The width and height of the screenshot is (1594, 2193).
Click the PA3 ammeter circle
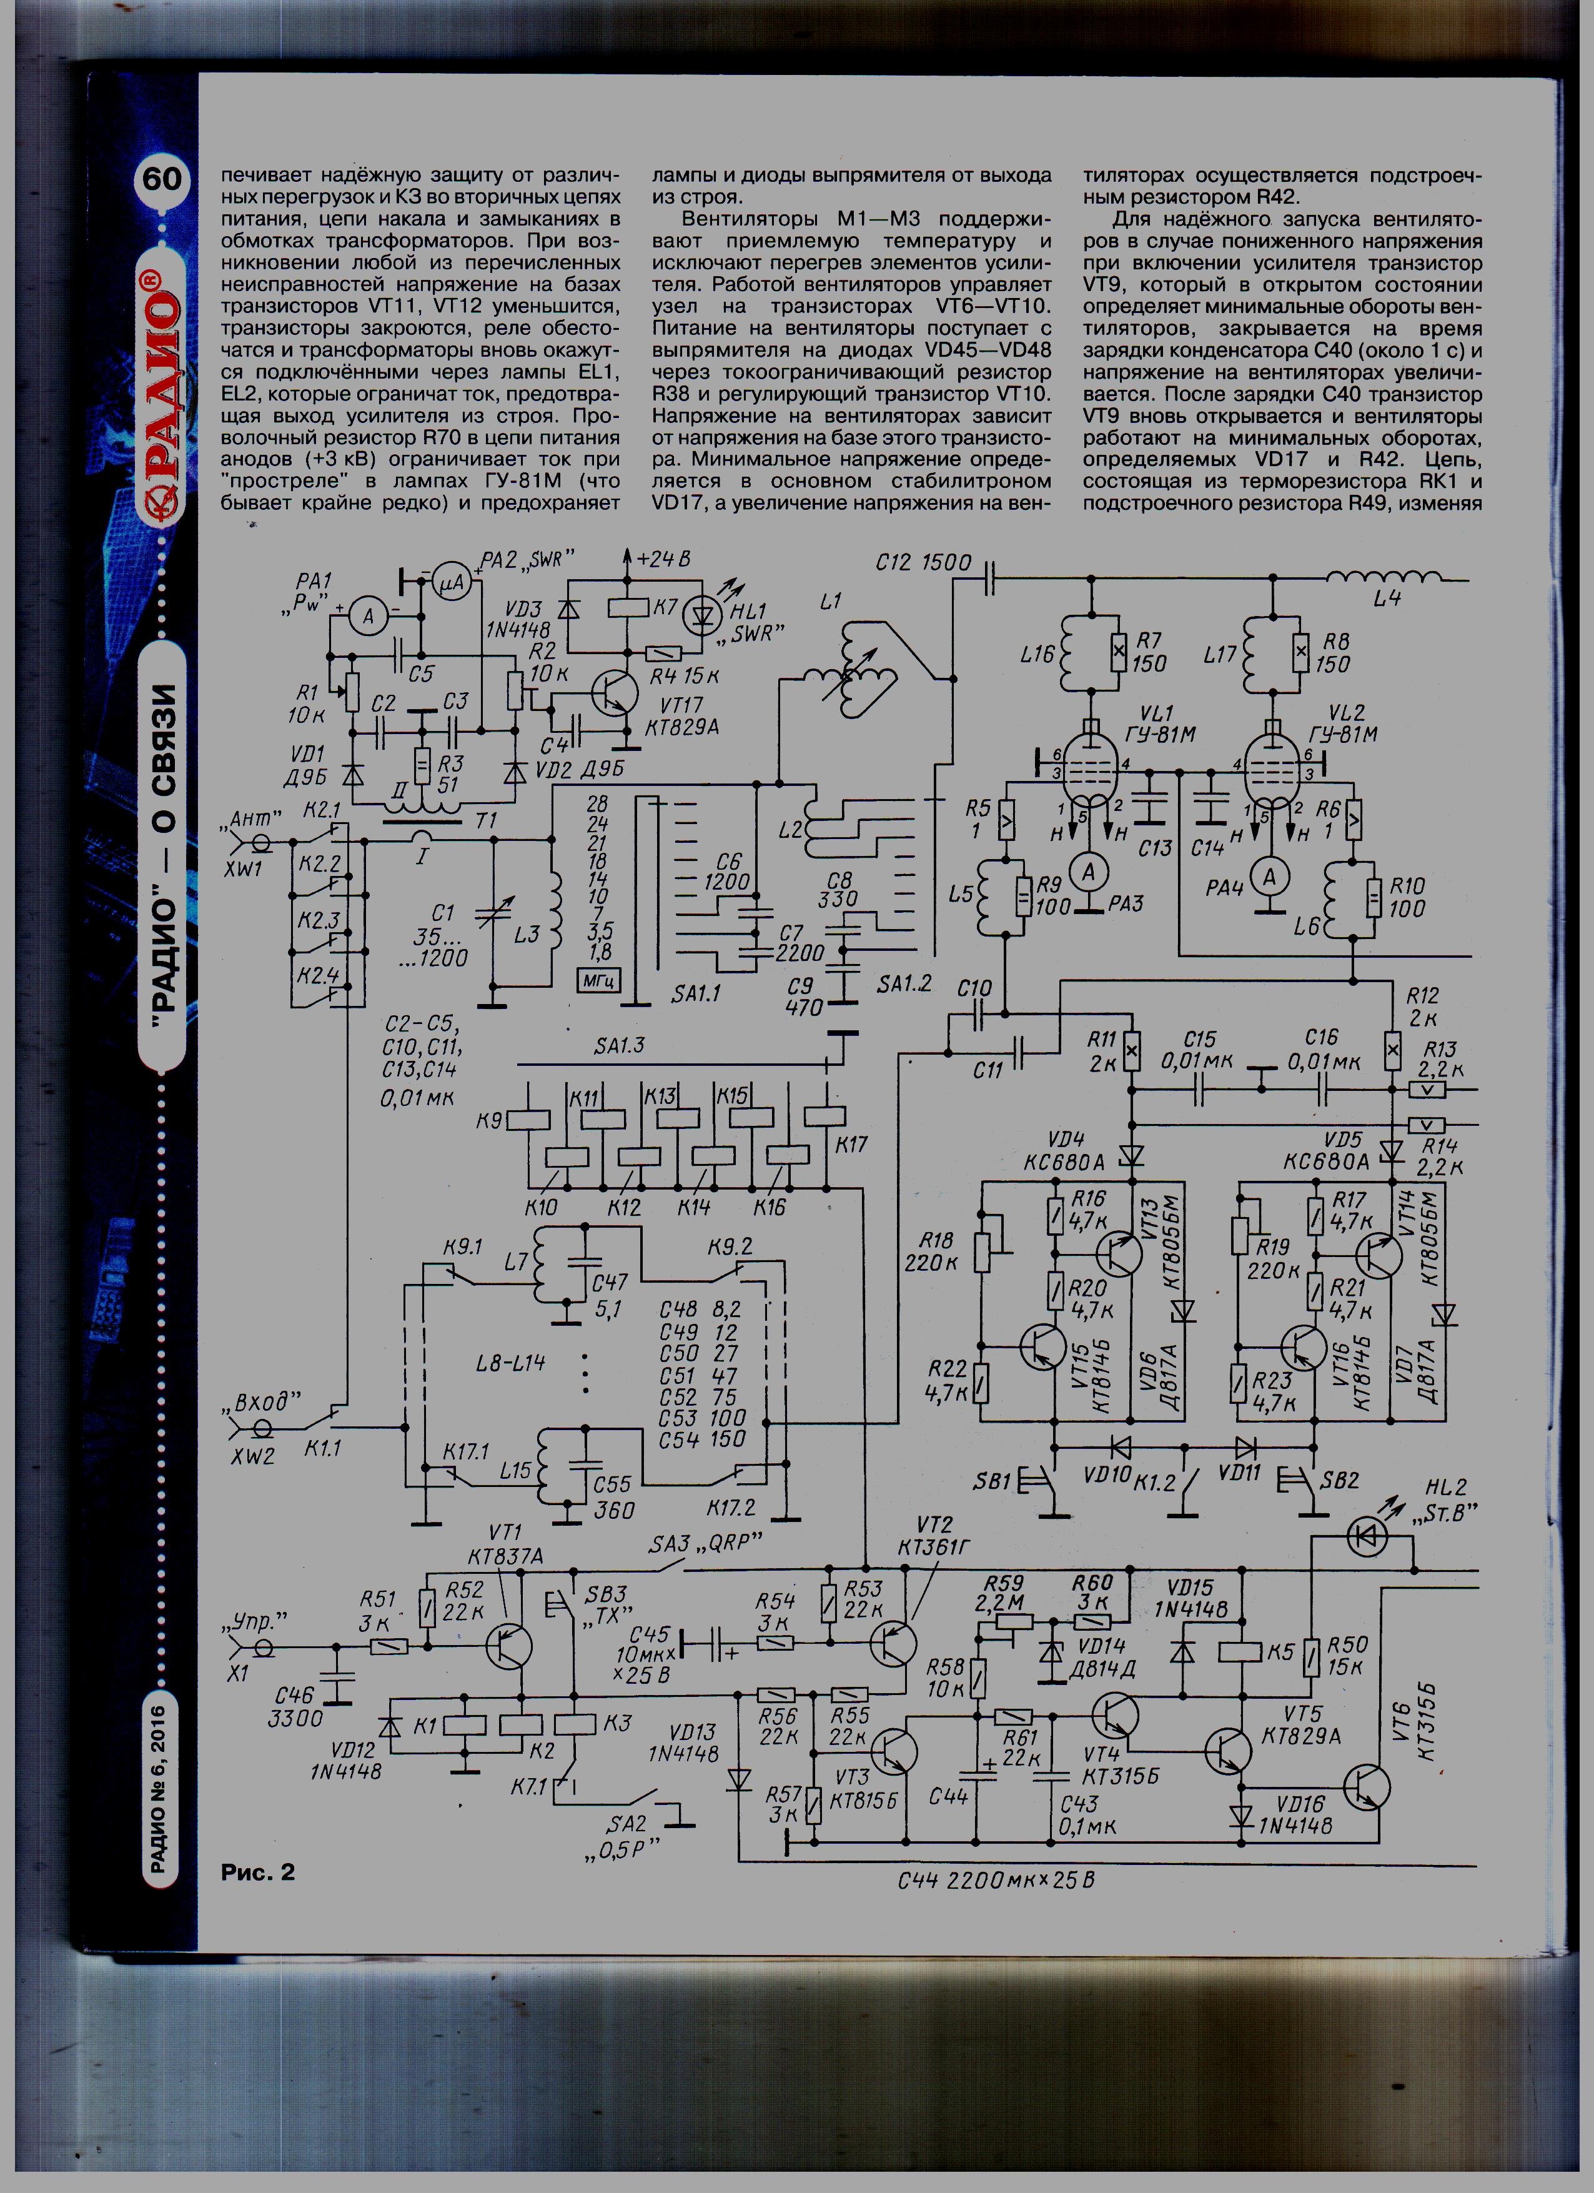tap(1089, 872)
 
